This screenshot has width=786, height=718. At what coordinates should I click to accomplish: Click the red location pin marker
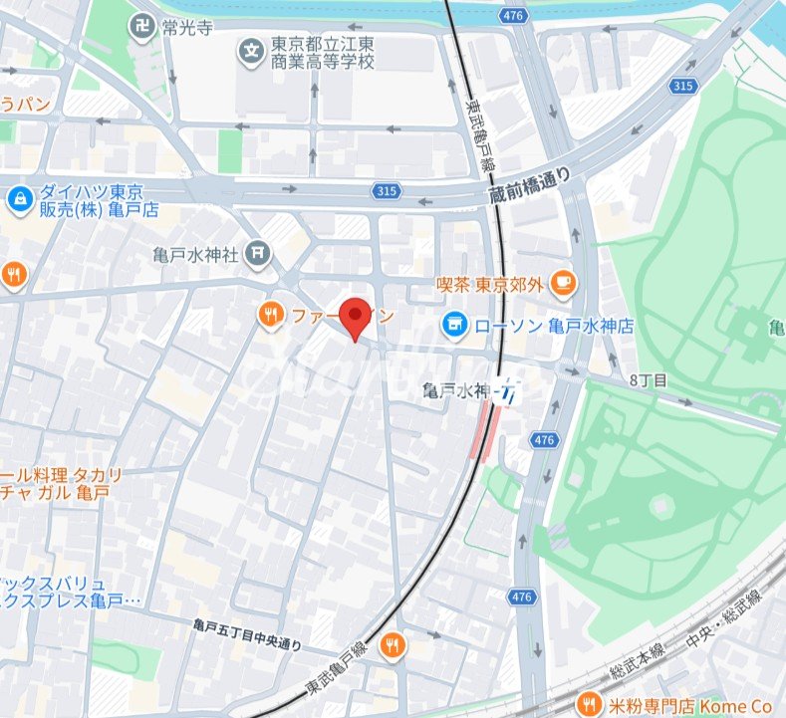point(356,317)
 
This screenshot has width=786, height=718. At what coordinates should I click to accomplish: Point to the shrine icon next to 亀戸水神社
point(259,254)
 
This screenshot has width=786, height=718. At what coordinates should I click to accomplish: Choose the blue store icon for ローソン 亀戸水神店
point(454,325)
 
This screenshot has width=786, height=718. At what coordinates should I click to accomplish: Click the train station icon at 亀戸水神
point(510,391)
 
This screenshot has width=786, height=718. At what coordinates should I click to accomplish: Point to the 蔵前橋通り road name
point(531,186)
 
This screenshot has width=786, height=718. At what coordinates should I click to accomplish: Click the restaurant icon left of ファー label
point(270,317)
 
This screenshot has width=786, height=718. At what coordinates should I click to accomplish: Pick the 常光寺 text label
point(187,27)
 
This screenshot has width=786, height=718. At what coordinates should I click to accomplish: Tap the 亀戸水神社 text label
point(196,255)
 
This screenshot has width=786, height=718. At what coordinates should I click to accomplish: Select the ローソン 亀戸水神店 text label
point(553,326)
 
